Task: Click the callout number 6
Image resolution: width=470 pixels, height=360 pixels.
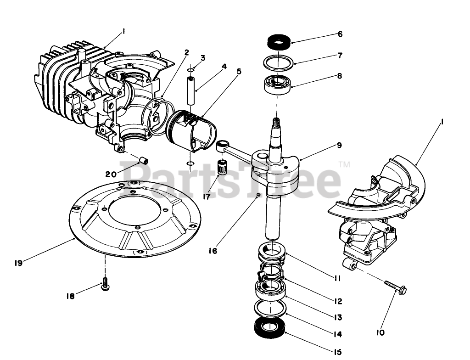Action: pyautogui.click(x=340, y=34)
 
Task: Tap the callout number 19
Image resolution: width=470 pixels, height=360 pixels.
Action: pyautogui.click(x=18, y=263)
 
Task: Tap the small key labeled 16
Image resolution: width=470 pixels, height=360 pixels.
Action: pyautogui.click(x=259, y=196)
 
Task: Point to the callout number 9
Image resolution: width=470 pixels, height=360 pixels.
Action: pyautogui.click(x=339, y=145)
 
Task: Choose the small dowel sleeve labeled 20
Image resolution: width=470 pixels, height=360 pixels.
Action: pyautogui.click(x=144, y=161)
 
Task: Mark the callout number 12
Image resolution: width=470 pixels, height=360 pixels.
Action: pyautogui.click(x=338, y=301)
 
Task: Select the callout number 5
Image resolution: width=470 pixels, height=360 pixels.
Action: pyautogui.click(x=239, y=71)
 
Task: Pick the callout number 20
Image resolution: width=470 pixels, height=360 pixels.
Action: pyautogui.click(x=111, y=174)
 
